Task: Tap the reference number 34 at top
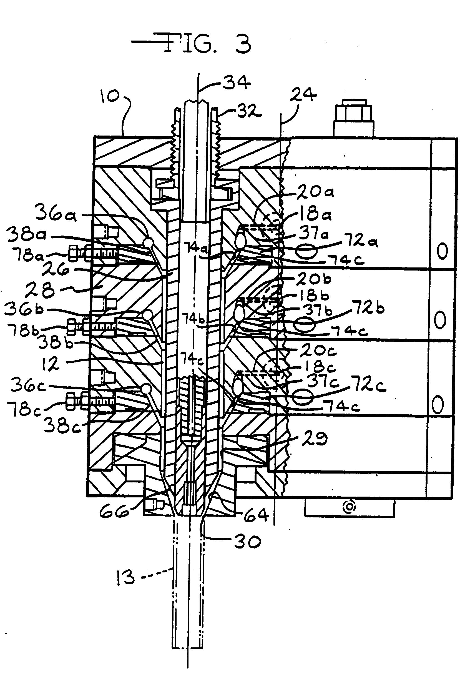click(236, 83)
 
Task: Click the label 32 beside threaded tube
click(249, 112)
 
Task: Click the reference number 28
click(40, 290)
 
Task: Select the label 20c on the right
click(314, 351)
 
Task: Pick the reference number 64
click(256, 515)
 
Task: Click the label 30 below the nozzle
click(247, 541)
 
